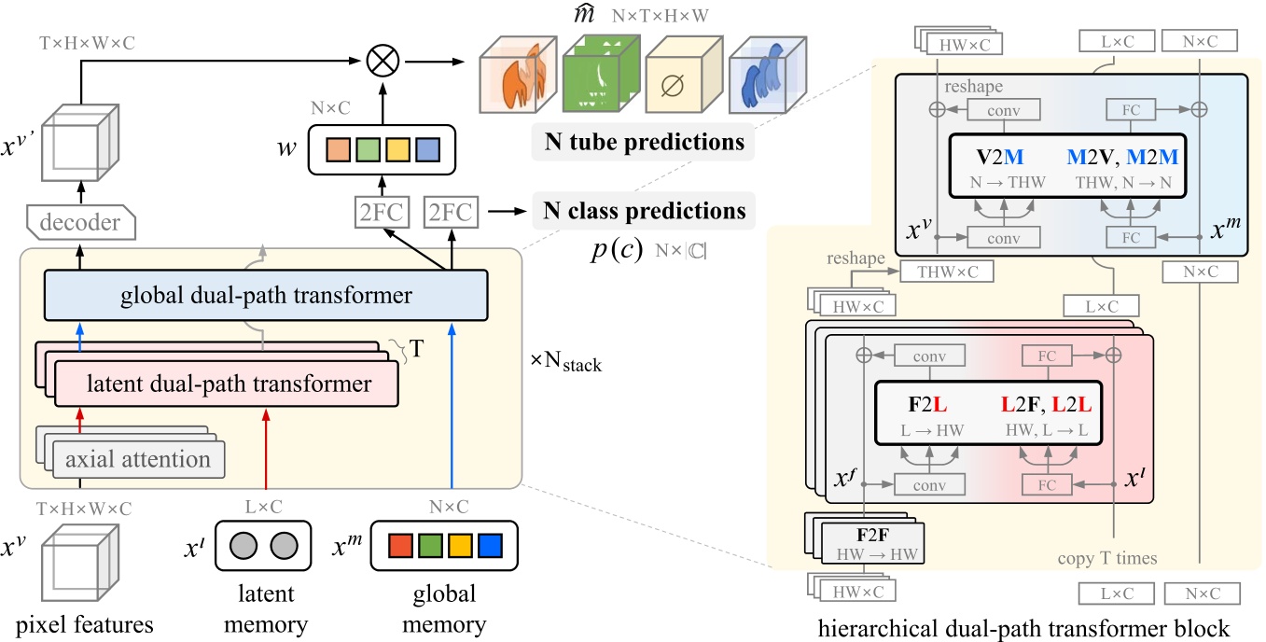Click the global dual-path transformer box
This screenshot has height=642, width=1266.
(x=265, y=297)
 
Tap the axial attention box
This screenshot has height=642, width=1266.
(x=137, y=459)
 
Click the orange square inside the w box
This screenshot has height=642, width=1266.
(x=339, y=149)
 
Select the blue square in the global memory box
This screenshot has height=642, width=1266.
(x=491, y=543)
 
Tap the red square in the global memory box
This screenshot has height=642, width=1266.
(x=398, y=543)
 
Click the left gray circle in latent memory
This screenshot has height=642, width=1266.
(x=244, y=543)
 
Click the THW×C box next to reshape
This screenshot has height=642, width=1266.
(x=947, y=272)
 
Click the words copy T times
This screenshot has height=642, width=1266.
(x=1107, y=558)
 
